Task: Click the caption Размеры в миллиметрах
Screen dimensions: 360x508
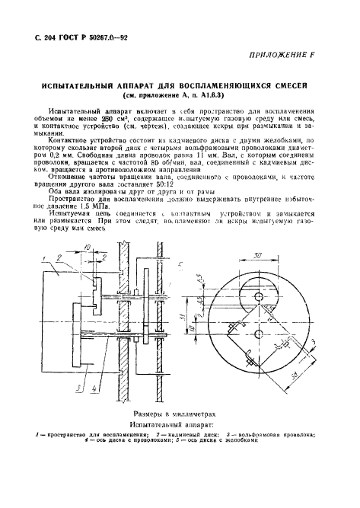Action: click(180, 407)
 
